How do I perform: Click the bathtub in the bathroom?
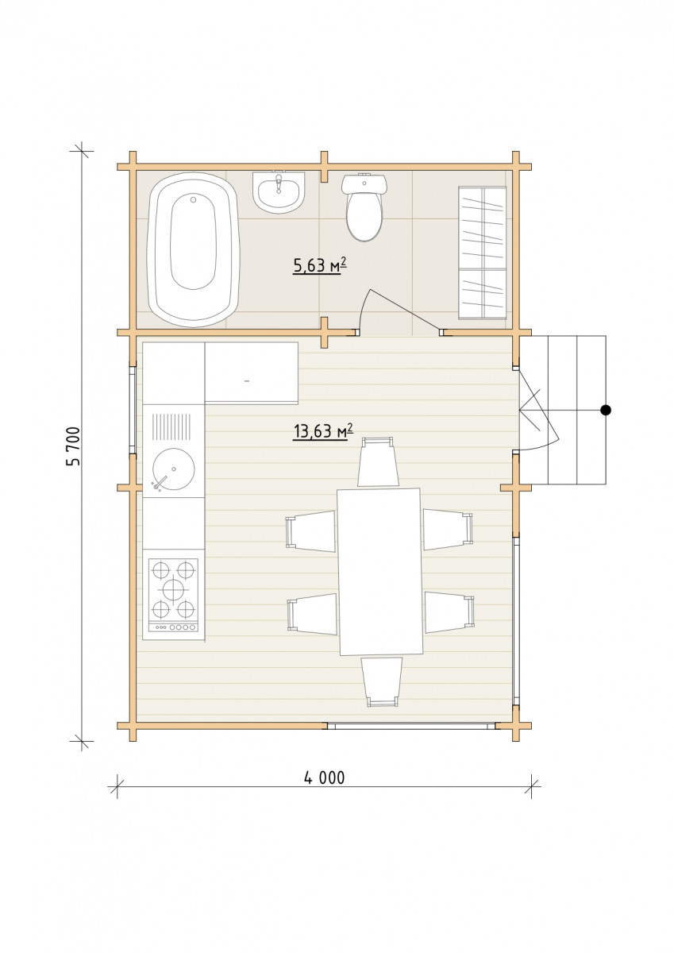pos(192,249)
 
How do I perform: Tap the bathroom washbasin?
pos(279,192)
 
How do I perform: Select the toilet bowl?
pos(364,206)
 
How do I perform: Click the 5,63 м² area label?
pos(318,266)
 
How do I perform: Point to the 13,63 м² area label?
pos(323,431)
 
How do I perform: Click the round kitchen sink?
pos(174,469)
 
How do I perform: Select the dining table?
pos(380,572)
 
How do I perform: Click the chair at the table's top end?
pos(378,461)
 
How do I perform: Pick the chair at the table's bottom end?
pos(382,682)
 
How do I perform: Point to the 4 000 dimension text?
pos(325,778)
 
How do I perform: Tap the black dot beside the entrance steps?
pos(606,410)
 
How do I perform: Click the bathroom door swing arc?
pos(365,307)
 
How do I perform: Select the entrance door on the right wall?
pos(538,411)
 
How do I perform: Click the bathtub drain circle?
pos(193,199)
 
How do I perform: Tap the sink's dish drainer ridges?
pos(174,428)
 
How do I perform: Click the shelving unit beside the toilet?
pos(482,253)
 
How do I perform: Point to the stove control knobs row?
pos(174,627)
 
